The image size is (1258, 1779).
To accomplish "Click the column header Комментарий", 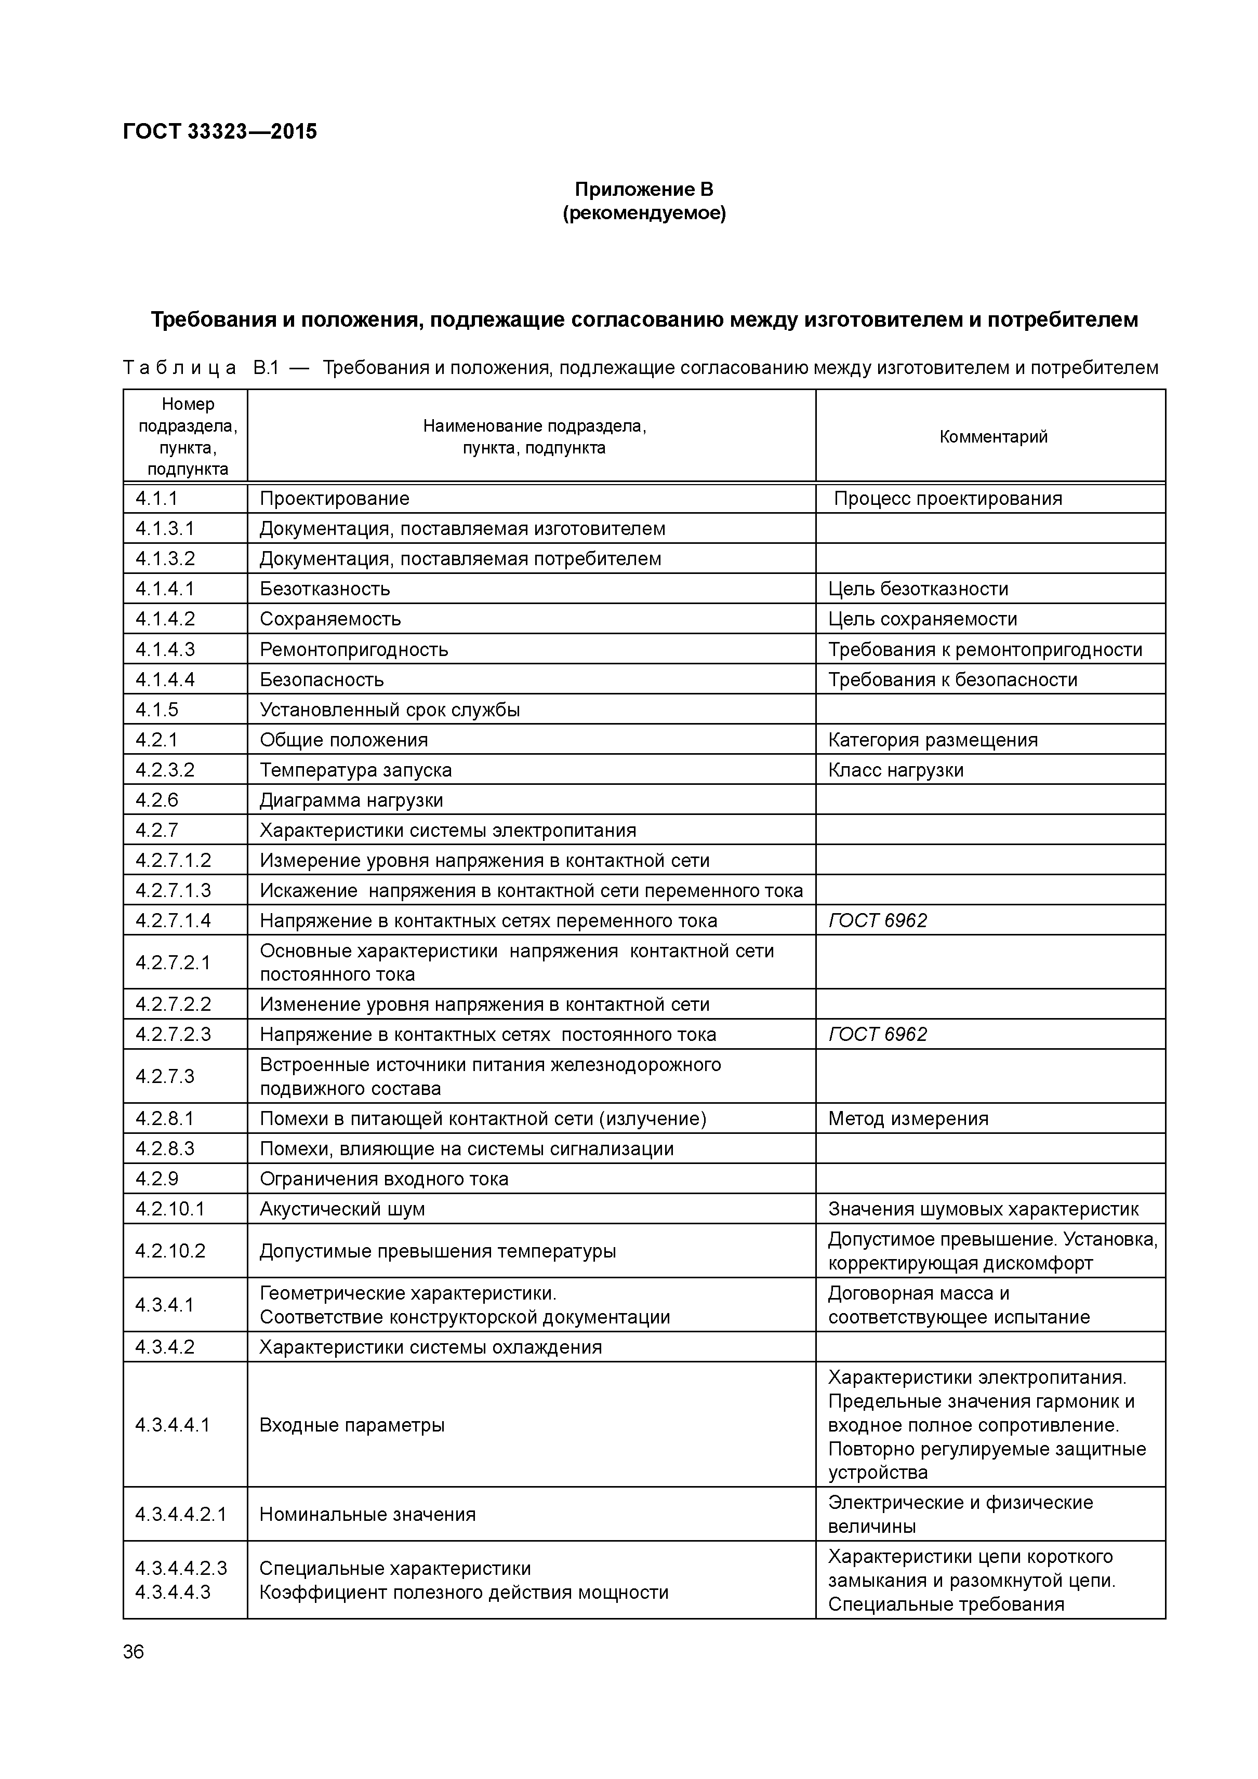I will click(993, 436).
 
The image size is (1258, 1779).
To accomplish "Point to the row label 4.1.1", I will click(156, 498).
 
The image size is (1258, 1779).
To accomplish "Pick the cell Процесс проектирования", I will click(947, 498).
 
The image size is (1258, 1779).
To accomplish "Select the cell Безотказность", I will click(325, 589).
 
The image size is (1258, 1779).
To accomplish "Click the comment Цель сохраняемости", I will click(922, 619).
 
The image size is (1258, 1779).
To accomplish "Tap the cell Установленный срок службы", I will click(389, 710).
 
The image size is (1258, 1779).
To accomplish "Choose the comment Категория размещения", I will click(932, 740).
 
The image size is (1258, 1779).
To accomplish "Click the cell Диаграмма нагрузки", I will click(351, 800).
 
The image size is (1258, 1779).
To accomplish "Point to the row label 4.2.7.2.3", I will click(173, 1034).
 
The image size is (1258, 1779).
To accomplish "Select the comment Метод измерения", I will click(908, 1119).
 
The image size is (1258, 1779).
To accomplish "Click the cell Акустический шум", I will click(342, 1210).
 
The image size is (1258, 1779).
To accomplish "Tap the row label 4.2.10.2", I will click(170, 1251).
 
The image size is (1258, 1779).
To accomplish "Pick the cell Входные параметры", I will click(352, 1425).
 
